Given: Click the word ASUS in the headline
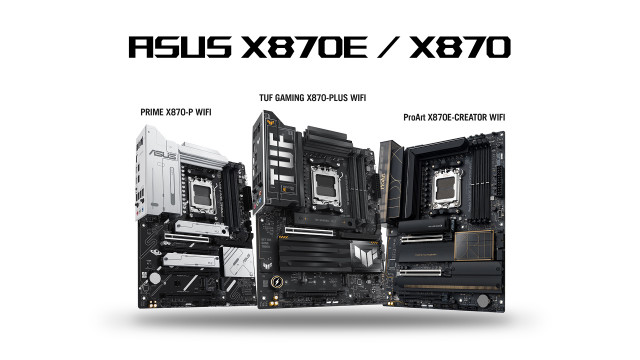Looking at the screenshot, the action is pos(180,47).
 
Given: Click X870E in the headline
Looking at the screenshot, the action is pos(304,47).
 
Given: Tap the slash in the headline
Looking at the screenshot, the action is pos(388,47).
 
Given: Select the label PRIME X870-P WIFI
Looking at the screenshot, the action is pos(176,112).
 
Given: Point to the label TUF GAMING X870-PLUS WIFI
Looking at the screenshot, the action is pos(313,98).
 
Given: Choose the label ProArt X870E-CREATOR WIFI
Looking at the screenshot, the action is pos(454,118).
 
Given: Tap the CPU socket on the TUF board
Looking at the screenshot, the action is pos(327,187).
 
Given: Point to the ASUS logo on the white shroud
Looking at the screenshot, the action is pos(163,154).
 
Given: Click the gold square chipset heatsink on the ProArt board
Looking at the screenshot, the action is pos(474,245).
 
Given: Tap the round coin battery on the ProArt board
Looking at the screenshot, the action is pos(483,301).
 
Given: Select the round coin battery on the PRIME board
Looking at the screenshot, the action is pos(155,278).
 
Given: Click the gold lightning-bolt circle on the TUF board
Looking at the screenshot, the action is pos(277,282).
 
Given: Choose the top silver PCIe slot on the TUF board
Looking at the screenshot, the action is pos(309,231).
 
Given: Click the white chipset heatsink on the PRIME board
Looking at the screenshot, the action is pos(238,262).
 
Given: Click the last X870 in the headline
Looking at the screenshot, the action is pos(460,47).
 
